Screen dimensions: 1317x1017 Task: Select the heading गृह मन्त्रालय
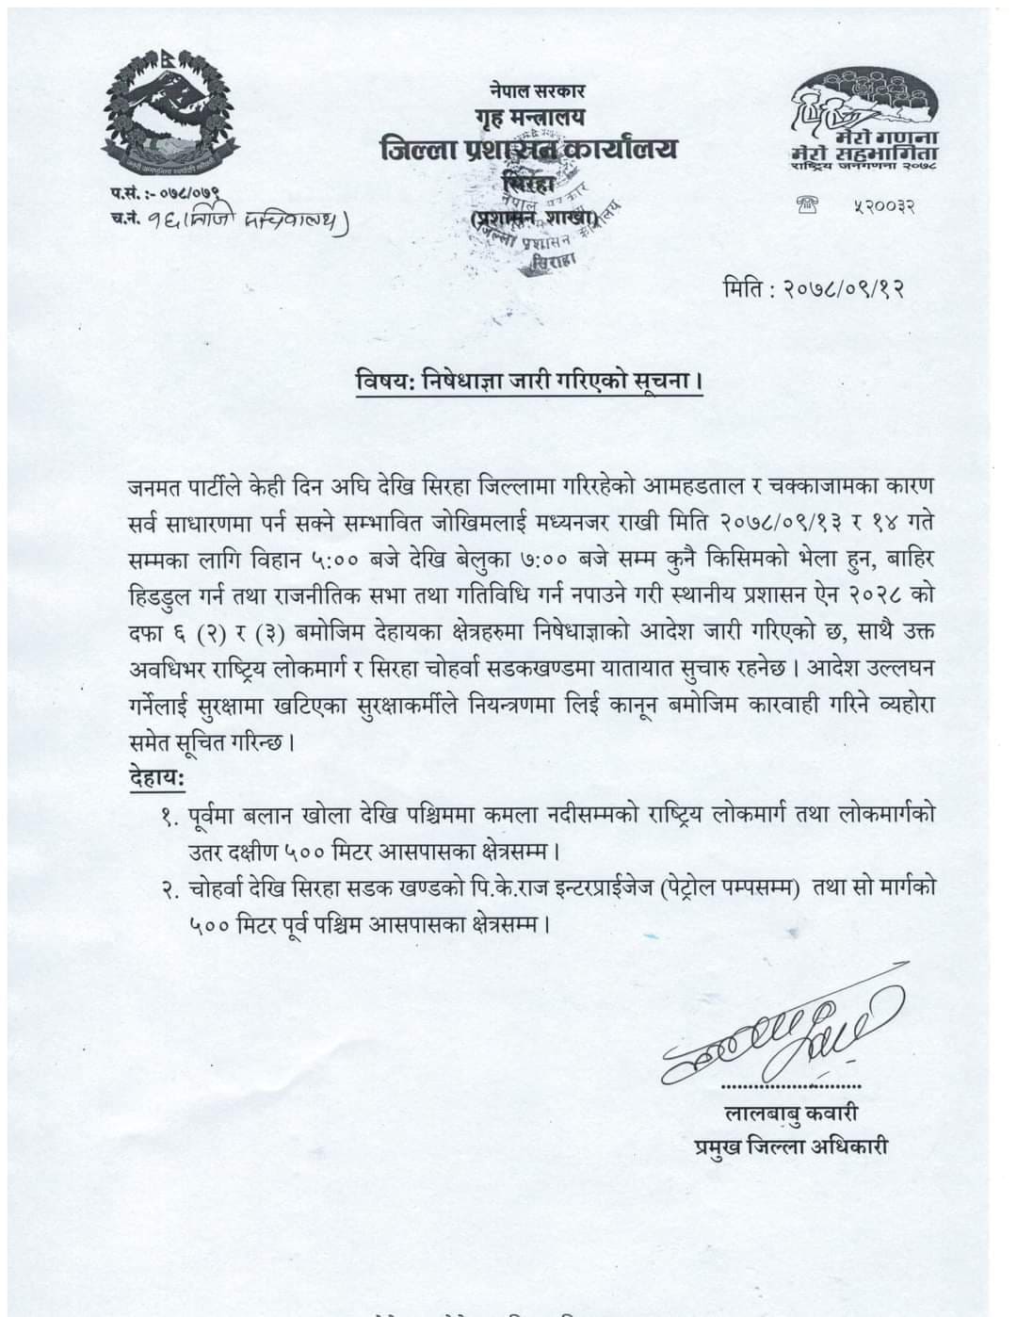click(x=528, y=117)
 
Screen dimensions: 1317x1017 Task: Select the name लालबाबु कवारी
click(x=791, y=1113)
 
